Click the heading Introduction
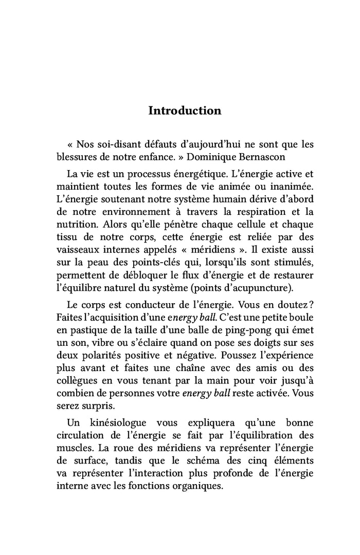(x=185, y=110)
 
